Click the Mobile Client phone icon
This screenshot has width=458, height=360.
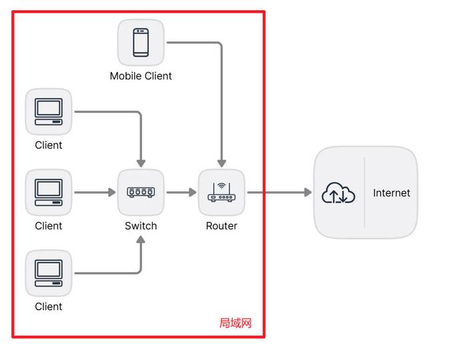pos(141,42)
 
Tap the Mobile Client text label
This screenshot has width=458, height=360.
pos(141,76)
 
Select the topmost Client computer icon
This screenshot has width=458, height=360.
pos(49,111)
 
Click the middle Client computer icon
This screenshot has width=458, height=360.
pos(49,192)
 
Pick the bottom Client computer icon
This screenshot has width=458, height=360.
pos(49,273)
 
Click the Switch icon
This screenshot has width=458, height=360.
pos(141,192)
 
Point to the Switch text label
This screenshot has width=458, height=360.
pos(141,226)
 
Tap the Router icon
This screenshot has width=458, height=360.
pos(221,192)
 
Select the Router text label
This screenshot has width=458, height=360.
pos(221,226)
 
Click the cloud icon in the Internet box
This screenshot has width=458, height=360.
pos(339,193)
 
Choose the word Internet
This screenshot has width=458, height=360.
pos(391,193)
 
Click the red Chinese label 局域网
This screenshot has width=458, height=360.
pos(235,323)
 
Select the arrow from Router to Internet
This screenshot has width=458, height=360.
pos(279,193)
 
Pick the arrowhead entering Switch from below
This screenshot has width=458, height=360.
pos(141,240)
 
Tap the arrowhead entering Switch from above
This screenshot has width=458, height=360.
pos(141,163)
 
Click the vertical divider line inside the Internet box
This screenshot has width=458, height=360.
pos(365,193)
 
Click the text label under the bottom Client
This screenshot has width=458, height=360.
pos(49,307)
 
